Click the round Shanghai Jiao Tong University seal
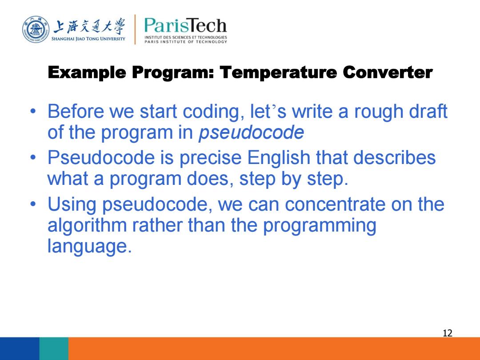(x=36, y=30)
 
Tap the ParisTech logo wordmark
(x=185, y=26)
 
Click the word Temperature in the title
(x=278, y=72)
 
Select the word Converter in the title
(x=388, y=72)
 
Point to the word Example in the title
(x=87, y=73)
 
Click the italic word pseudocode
(x=251, y=132)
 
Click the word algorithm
(x=87, y=226)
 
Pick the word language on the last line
(x=89, y=246)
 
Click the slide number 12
(x=447, y=333)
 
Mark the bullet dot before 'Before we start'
(x=33, y=111)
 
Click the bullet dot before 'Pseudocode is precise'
(x=33, y=158)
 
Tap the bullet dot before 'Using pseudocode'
(x=33, y=204)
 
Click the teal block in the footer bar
(x=54, y=349)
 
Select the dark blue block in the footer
(x=20, y=349)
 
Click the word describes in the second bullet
(x=394, y=158)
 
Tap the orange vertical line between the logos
(x=135, y=29)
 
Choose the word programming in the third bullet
(x=320, y=226)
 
